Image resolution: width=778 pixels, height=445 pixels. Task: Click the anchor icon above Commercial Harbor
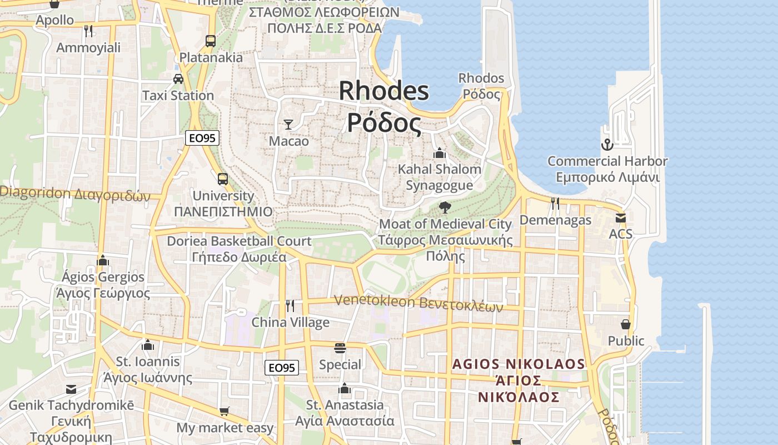pyautogui.click(x=607, y=145)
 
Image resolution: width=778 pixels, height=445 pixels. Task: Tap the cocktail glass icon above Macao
pyautogui.click(x=288, y=124)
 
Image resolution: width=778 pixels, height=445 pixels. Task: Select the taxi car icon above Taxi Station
pyautogui.click(x=178, y=79)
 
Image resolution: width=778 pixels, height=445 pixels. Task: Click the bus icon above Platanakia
pyautogui.click(x=210, y=41)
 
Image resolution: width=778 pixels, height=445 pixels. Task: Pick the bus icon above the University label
pyautogui.click(x=222, y=179)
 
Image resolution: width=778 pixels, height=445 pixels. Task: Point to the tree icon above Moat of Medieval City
pyautogui.click(x=445, y=207)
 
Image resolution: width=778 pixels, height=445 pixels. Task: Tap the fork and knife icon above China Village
pyautogui.click(x=290, y=305)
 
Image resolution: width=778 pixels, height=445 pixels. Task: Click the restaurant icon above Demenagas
pyautogui.click(x=555, y=203)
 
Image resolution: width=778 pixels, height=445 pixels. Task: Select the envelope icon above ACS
pyautogui.click(x=620, y=217)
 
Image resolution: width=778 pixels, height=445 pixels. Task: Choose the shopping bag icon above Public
pyautogui.click(x=626, y=324)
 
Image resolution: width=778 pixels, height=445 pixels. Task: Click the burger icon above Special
pyautogui.click(x=340, y=348)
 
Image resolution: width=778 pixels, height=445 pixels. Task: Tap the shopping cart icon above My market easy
pyautogui.click(x=224, y=412)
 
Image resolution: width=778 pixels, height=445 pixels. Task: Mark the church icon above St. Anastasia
pyautogui.click(x=345, y=388)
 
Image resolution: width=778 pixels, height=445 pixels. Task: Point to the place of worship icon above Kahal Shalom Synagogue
pyautogui.click(x=440, y=152)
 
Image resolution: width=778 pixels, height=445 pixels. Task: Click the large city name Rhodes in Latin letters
pyautogui.click(x=383, y=91)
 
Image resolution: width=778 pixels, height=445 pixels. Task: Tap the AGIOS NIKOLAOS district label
pyautogui.click(x=518, y=364)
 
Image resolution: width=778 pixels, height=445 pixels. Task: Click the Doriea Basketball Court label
pyautogui.click(x=239, y=241)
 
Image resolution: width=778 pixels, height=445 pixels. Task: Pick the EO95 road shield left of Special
pyautogui.click(x=281, y=368)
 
